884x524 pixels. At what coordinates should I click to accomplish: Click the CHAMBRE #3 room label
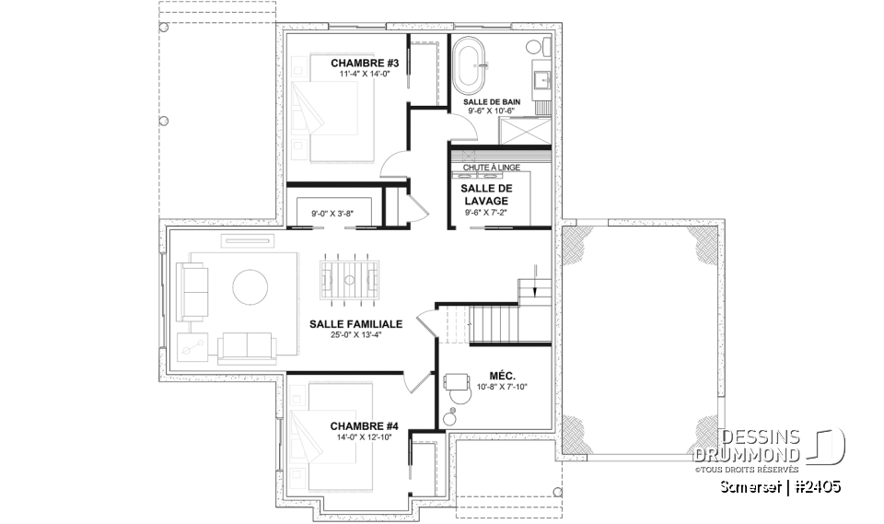[364, 63]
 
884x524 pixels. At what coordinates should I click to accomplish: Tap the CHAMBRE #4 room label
[364, 425]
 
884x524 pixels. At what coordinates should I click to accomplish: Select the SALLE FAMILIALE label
[355, 324]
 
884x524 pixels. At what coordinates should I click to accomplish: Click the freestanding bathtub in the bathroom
[470, 65]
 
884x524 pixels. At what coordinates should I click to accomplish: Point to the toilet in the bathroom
[535, 47]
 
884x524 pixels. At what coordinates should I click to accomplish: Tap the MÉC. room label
[502, 375]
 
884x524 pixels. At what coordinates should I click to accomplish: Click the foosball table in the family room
[350, 277]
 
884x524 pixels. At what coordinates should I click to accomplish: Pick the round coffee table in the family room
[250, 287]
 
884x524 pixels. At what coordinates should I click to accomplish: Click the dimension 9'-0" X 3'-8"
[332, 213]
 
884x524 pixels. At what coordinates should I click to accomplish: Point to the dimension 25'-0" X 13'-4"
[355, 335]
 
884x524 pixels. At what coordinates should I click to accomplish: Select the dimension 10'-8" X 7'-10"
[501, 386]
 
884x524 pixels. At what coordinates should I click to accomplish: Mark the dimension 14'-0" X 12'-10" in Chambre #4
[364, 437]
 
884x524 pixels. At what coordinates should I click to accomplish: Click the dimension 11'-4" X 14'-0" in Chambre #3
[364, 74]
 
